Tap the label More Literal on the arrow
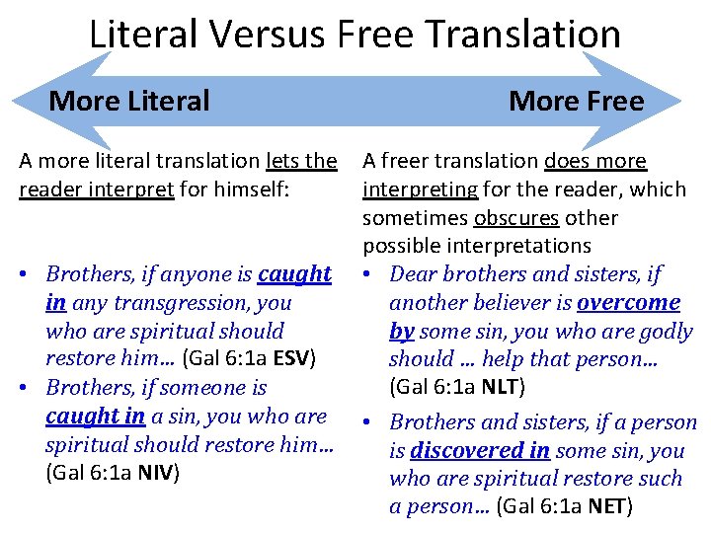[129, 101]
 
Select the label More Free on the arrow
[576, 101]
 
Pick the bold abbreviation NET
[608, 507]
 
